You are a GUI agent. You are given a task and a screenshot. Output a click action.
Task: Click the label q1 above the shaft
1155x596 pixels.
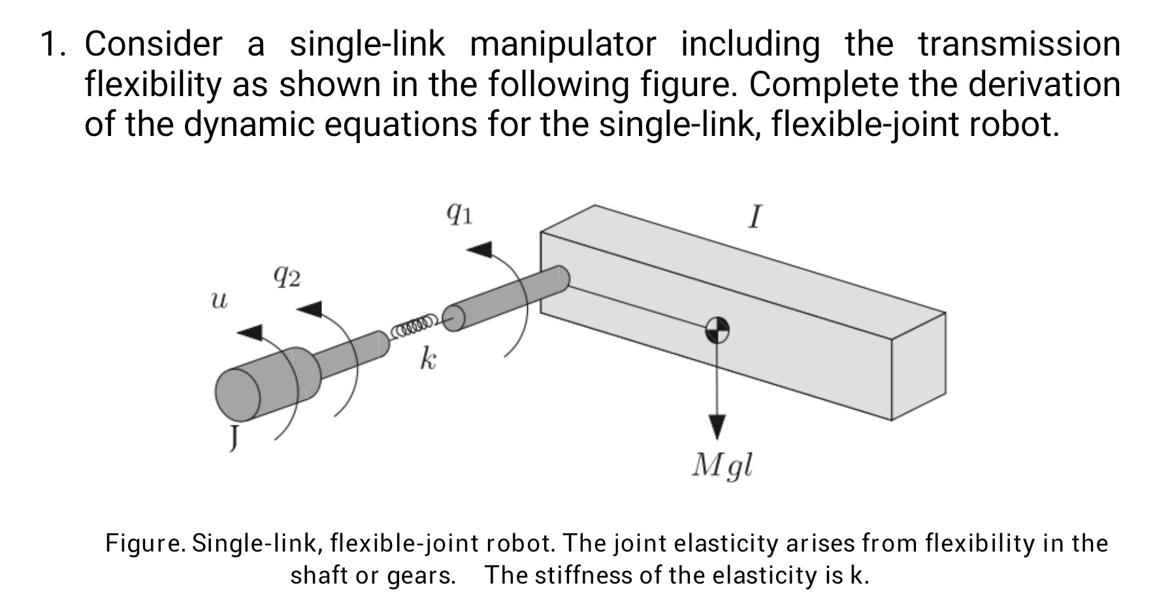460,213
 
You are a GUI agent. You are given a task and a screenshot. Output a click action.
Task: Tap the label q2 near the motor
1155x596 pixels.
287,278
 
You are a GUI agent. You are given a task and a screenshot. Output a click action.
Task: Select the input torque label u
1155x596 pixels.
220,301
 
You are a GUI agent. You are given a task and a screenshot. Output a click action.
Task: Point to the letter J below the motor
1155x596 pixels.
233,437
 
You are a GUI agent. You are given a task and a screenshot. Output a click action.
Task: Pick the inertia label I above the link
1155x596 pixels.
755,217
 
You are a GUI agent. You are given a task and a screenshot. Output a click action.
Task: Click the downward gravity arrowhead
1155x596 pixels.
717,427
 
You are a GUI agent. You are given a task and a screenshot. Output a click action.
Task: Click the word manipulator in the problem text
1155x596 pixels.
562,44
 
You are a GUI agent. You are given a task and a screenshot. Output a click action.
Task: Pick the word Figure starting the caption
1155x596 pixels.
146,543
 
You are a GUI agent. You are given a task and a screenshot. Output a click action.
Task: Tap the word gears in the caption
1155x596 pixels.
421,575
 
